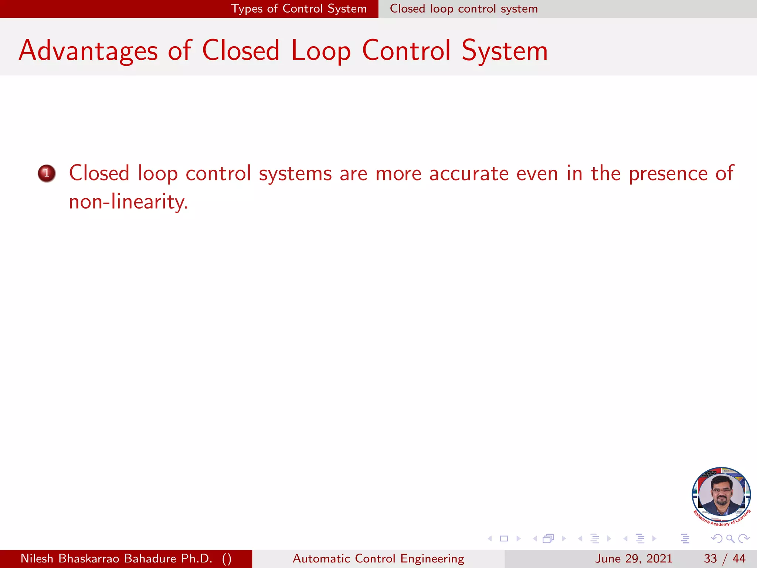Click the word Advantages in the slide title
coord(88,51)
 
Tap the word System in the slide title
coord(505,51)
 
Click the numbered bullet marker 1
coord(47,173)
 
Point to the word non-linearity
coord(128,202)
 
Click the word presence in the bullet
coord(668,173)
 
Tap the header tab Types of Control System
coord(299,9)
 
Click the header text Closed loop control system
coord(464,9)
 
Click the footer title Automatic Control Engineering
coord(378,558)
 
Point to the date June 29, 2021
coord(633,558)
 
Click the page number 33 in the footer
coord(710,558)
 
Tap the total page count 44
coord(739,558)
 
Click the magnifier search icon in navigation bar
coord(730,539)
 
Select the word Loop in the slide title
coord(321,51)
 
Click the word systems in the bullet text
coord(295,173)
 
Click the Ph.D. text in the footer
coord(197,558)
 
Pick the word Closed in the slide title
coord(241,51)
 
